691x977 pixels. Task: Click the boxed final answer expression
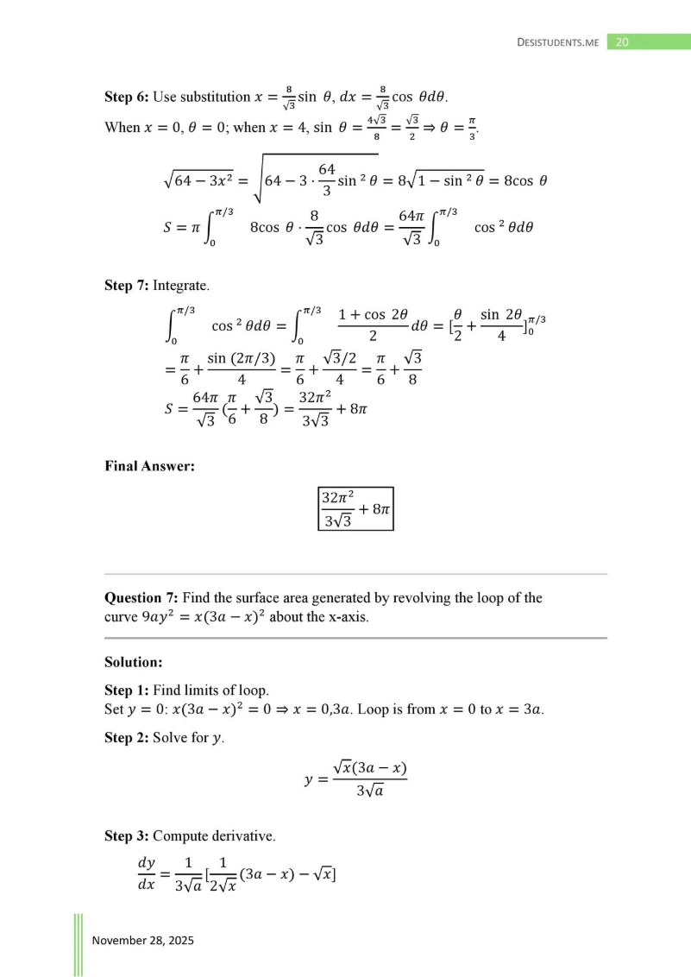tap(355, 510)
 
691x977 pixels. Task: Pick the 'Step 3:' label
tap(126, 835)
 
